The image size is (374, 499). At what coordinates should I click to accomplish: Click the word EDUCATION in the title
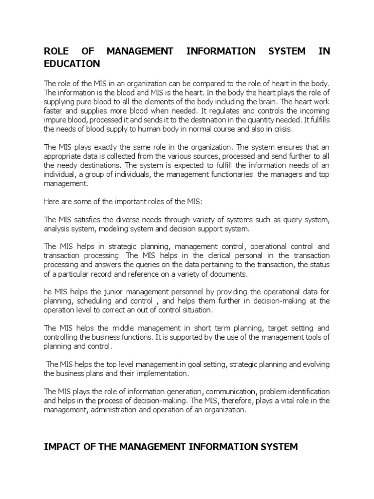(72, 64)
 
